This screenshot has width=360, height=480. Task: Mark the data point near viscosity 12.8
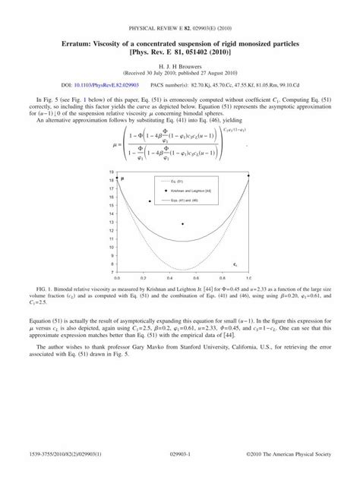183,224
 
